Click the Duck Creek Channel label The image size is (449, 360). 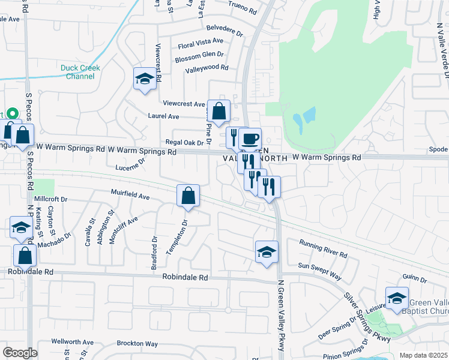coord(80,72)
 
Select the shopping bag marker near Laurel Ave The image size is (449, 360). coord(219,110)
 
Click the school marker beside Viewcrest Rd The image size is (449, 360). coord(144,79)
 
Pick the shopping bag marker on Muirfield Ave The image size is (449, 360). coord(188,196)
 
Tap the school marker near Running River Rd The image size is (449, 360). coord(267,252)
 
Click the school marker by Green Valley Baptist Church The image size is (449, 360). coord(397,298)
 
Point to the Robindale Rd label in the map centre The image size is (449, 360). coord(185,278)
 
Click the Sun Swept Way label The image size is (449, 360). coord(320,271)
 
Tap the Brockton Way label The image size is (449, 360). coord(137,344)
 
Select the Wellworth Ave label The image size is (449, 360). coord(72,342)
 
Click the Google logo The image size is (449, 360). coord(20,353)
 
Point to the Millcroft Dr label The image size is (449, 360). coord(50,199)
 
